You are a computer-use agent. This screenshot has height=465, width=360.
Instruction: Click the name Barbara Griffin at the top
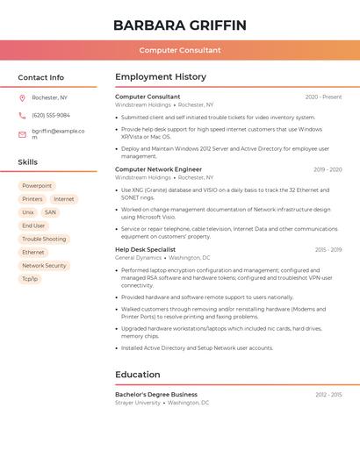coord(180,25)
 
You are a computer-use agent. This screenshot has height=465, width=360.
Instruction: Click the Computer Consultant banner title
coord(180,50)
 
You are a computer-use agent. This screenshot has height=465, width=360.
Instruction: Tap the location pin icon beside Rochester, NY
coord(22,97)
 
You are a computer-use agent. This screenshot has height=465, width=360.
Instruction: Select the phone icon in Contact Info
coord(22,115)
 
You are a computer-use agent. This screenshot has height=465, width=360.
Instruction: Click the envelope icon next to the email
coord(22,134)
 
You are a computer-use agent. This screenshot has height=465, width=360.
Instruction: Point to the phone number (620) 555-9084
coord(51,115)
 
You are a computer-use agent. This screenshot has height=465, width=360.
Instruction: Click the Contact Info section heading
coord(41,77)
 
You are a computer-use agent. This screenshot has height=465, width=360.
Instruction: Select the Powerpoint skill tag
coord(37,186)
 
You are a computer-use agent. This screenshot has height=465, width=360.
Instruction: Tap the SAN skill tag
coord(50,212)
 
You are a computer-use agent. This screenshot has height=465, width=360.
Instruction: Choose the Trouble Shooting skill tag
coord(44,239)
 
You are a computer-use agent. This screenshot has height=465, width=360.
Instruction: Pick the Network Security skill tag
coord(44,265)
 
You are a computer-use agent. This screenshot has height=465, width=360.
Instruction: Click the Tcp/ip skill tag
coord(30,278)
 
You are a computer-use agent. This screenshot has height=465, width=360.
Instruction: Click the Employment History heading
coord(161,77)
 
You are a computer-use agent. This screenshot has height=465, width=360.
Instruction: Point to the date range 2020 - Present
coord(323,97)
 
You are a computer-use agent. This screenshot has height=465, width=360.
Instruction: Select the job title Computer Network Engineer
coord(158,169)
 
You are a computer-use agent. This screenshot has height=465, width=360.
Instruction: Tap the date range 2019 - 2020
coord(328,169)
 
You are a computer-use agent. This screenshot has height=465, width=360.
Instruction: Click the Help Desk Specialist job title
coord(145,249)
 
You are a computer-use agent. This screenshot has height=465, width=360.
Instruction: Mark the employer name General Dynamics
coord(139,258)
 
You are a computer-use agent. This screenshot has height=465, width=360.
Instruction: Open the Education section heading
coord(138,375)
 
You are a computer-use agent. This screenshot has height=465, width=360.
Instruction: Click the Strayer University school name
coord(138,403)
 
